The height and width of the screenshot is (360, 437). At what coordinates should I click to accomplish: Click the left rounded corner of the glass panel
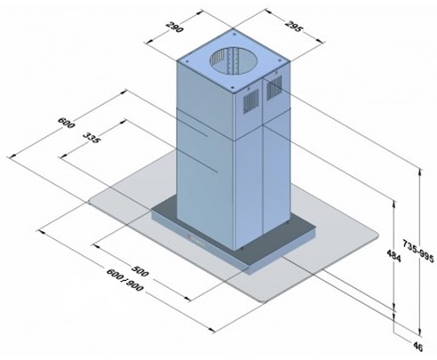click(94, 196)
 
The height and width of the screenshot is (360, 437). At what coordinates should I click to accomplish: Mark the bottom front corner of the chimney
click(235, 250)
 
